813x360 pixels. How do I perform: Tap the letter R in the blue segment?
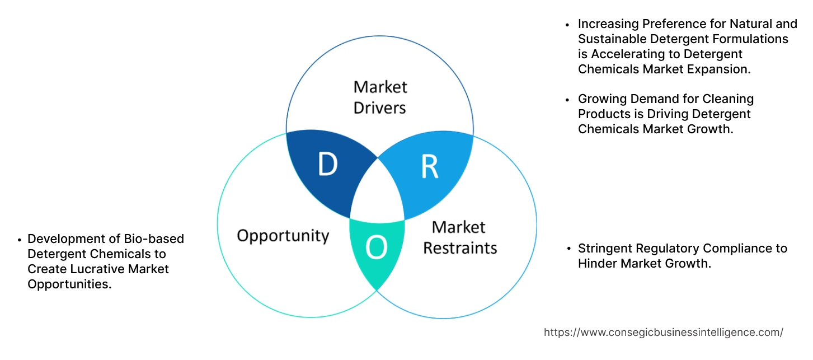pyautogui.click(x=429, y=167)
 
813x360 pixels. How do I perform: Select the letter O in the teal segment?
pyautogui.click(x=376, y=249)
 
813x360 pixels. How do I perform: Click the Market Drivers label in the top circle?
pyautogui.click(x=380, y=97)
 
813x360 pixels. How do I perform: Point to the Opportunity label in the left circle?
pyautogui.click(x=283, y=235)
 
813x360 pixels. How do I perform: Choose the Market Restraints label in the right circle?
pyautogui.click(x=459, y=237)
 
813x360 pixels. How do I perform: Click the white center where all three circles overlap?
pyautogui.click(x=378, y=193)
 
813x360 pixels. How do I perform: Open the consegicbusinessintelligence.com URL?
pyautogui.click(x=663, y=332)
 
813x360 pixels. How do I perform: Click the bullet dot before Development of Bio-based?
pyautogui.click(x=20, y=239)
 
